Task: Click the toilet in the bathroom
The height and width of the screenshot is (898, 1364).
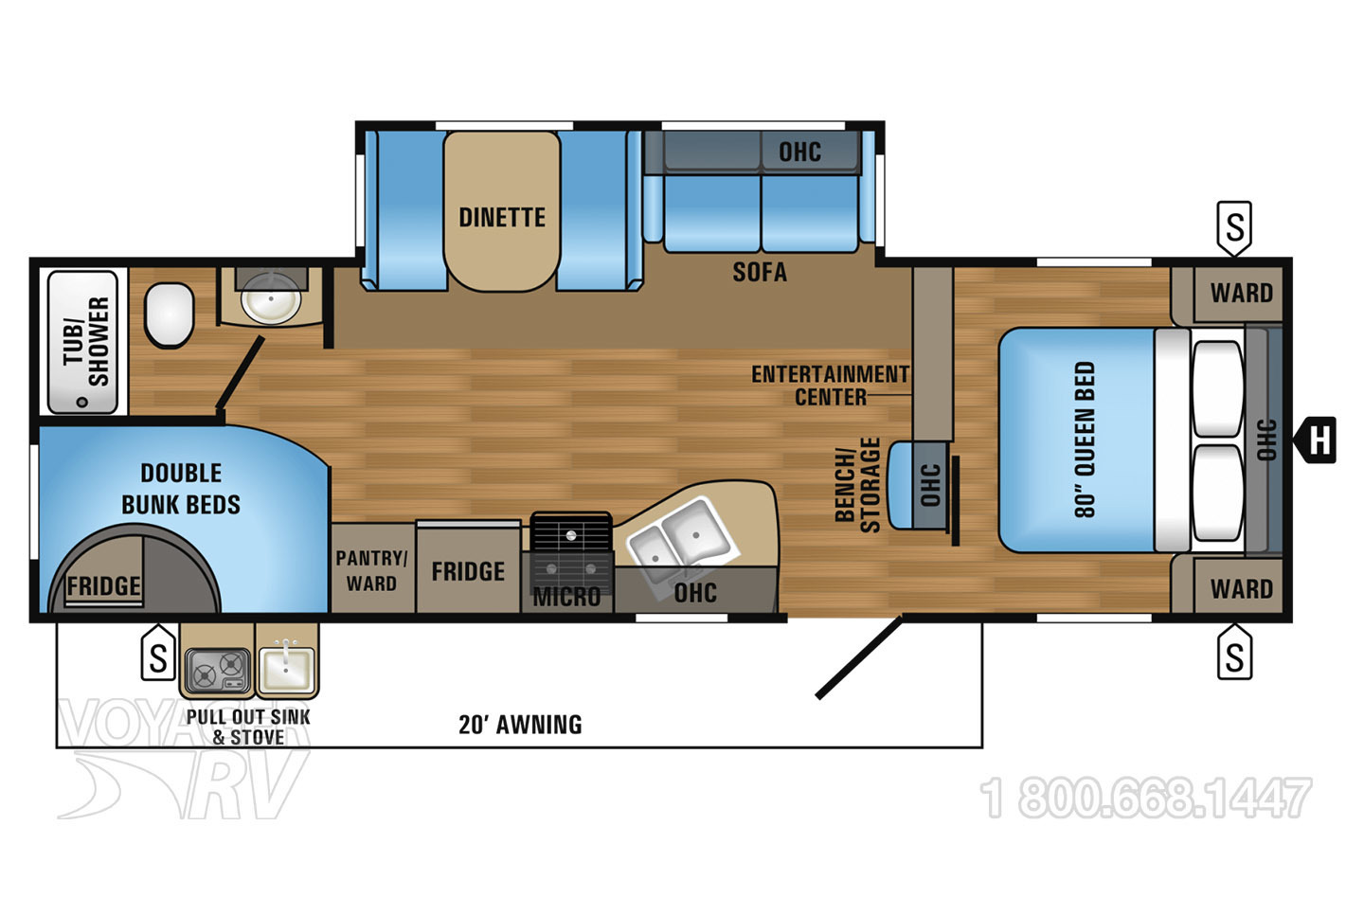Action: pos(170,315)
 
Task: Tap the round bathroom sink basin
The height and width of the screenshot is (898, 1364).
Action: pos(270,299)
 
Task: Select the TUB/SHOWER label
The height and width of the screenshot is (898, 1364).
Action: pos(86,342)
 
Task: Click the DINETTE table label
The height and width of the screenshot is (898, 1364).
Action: pos(502,217)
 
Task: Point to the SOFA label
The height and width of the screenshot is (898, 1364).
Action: pos(760,272)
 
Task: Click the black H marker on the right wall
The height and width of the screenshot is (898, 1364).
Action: pos(1316,440)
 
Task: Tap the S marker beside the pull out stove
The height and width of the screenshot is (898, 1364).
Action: pos(158,652)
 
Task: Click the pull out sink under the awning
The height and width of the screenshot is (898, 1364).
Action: pos(286,670)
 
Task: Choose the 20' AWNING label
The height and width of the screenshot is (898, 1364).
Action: pos(520,725)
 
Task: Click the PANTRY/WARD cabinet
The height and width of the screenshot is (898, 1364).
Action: pos(372,568)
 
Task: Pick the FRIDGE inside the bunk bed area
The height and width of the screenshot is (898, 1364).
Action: pos(103,585)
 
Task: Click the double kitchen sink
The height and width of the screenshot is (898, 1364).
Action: pos(682,537)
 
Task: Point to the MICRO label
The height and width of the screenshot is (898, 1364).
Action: pos(566,597)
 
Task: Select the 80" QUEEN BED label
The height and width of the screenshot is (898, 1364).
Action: pos(1086,440)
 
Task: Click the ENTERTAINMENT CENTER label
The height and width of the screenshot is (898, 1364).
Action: pos(831,386)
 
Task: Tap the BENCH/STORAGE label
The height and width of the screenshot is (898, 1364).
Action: pos(858,485)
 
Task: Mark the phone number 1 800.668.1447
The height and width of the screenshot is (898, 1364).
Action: pos(1146,797)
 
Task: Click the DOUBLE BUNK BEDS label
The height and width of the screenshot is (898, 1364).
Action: pos(181,489)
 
